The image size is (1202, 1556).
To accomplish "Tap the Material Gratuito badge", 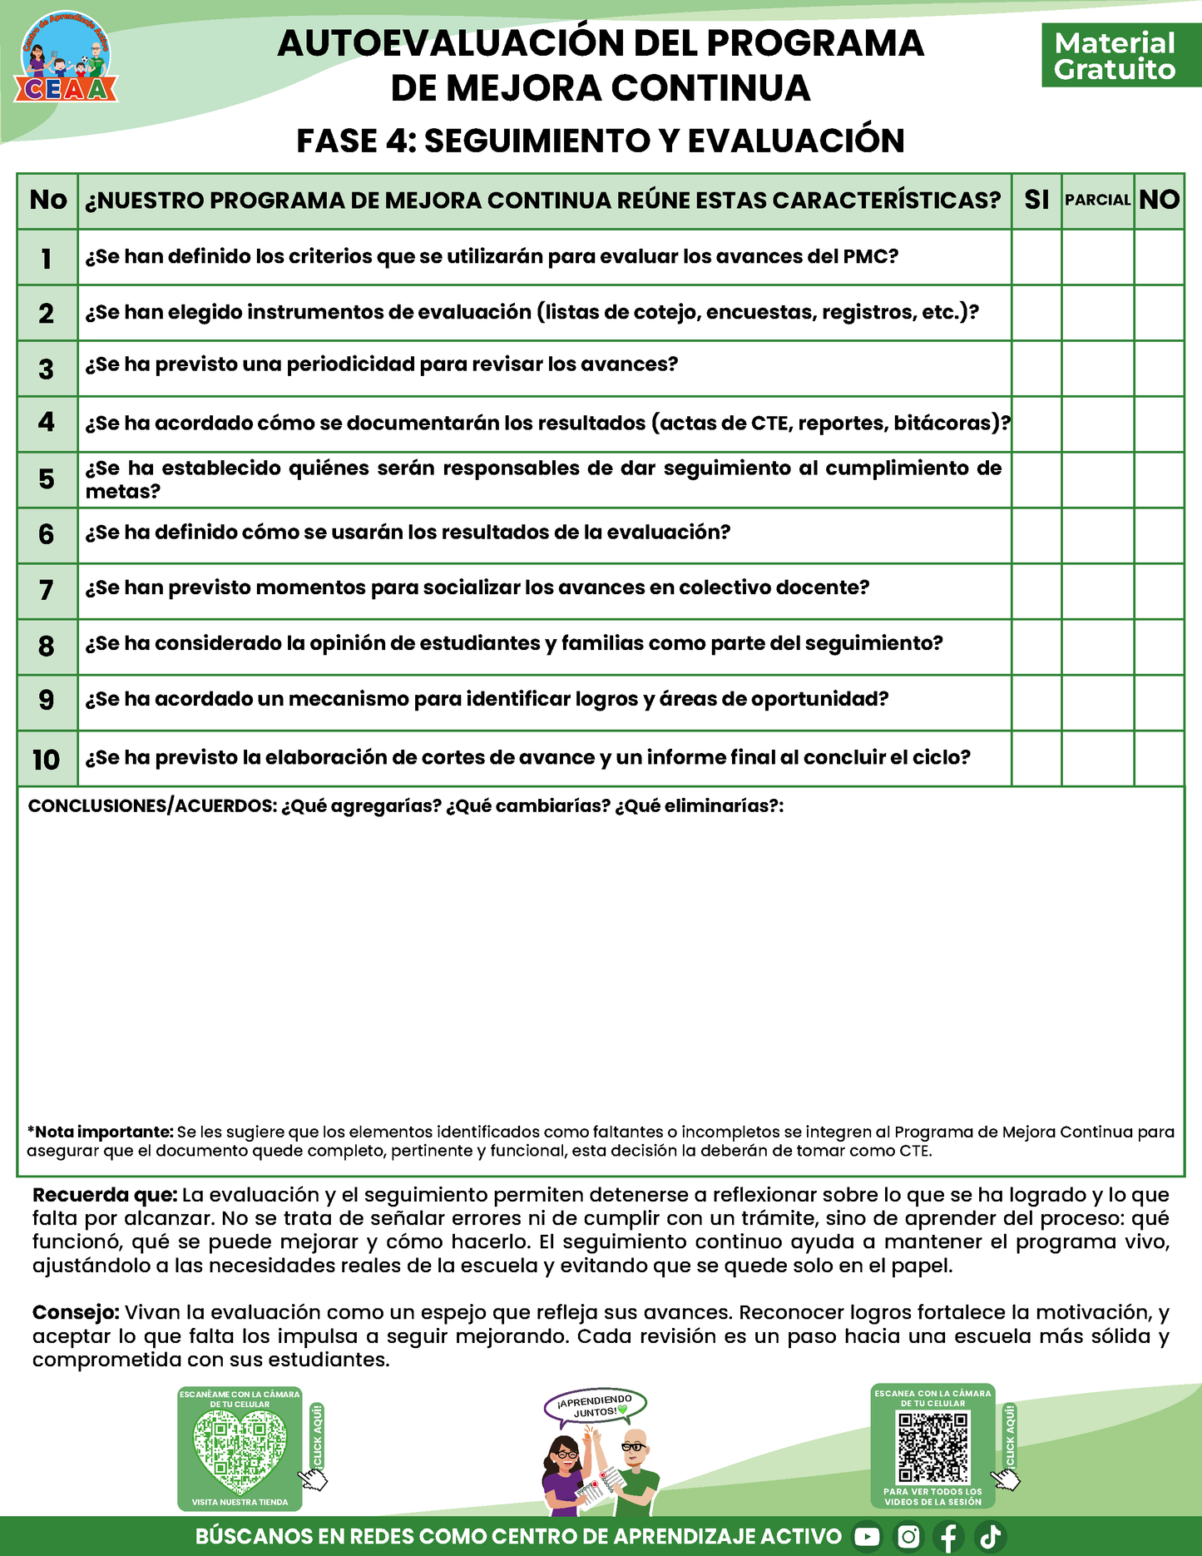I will coord(1115,57).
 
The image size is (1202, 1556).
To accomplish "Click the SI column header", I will coord(1036,201).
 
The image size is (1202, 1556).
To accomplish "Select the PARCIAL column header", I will coord(1097,201).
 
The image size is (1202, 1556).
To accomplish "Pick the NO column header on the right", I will coord(1159,201).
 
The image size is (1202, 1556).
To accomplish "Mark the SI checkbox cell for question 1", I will coord(1036,257).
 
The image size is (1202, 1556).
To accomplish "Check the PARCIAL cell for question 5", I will coord(1097,480).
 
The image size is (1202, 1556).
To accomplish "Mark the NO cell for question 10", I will coord(1159,758).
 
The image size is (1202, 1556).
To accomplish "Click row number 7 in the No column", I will coord(47,591).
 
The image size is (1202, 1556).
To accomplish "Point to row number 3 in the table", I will coord(47,369).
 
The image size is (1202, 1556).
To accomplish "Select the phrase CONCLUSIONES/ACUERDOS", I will coord(151,806).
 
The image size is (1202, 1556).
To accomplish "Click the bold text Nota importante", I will coord(104,1132).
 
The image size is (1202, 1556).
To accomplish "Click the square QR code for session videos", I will coord(933,1449).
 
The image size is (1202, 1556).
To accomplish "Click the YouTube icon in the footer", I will coord(867,1537).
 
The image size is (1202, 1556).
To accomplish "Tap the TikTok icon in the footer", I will coord(991,1537).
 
